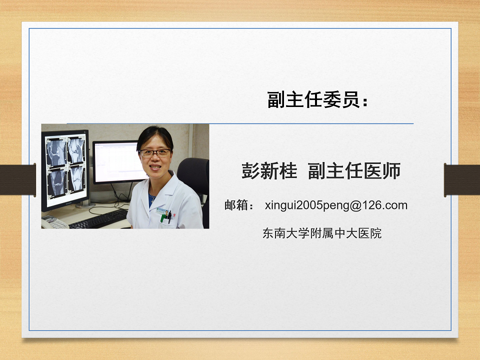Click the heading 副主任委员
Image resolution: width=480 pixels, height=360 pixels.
pyautogui.click(x=313, y=100)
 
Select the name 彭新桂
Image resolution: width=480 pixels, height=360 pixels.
pyautogui.click(x=269, y=171)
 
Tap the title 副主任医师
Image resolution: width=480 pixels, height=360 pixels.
pyautogui.click(x=354, y=171)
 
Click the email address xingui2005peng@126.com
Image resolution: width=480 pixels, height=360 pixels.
pyautogui.click(x=336, y=205)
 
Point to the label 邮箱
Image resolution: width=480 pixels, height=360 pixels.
pyautogui.click(x=236, y=205)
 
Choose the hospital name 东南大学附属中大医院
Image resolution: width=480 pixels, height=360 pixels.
pyautogui.click(x=321, y=233)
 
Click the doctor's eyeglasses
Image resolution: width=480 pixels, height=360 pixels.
pyautogui.click(x=155, y=153)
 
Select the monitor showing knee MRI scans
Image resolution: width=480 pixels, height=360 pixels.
pyautogui.click(x=65, y=170)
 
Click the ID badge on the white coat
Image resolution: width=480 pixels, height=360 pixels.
pyautogui.click(x=164, y=211)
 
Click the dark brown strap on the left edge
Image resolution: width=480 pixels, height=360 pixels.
pyautogui.click(x=18, y=179)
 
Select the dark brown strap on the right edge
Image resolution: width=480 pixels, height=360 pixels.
pyautogui.click(x=462, y=179)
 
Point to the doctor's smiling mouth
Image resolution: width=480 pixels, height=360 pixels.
pyautogui.click(x=155, y=167)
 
